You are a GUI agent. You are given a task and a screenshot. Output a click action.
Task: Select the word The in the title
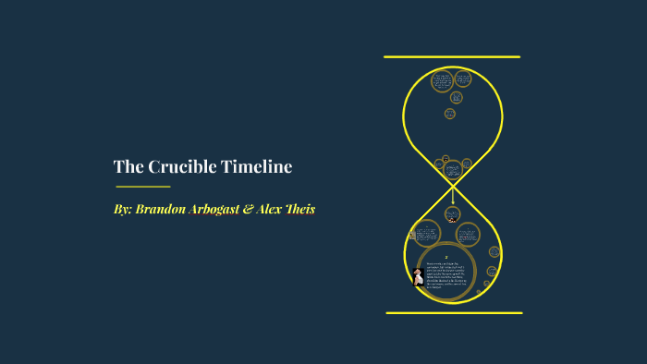[127, 167]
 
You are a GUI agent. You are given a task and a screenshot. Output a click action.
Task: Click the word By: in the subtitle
[123, 210]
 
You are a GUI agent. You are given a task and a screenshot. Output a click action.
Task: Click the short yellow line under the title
[142, 187]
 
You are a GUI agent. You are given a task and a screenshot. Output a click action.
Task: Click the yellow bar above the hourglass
[452, 57]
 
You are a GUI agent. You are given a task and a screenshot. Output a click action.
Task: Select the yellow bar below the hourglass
[454, 312]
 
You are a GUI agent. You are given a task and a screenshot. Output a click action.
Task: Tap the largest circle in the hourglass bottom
[446, 273]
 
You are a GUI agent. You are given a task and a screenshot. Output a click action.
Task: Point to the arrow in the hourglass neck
[453, 196]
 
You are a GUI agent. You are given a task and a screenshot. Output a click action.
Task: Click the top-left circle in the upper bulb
[442, 81]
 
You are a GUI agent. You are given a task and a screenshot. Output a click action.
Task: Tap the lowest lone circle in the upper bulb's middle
[450, 114]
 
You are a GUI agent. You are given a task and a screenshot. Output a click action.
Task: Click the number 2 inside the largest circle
[446, 257]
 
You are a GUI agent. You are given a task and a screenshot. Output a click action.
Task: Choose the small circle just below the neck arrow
[452, 214]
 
